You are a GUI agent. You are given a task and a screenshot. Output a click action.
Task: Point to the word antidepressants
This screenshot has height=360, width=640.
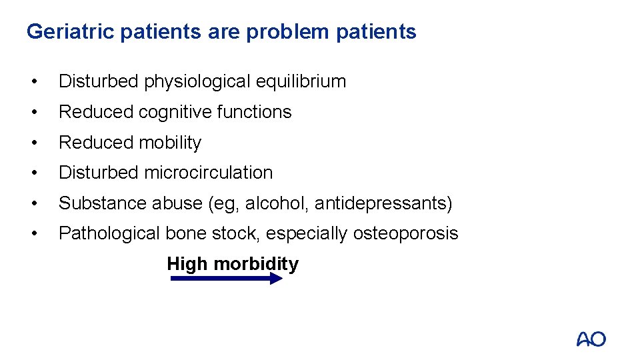(x=380, y=203)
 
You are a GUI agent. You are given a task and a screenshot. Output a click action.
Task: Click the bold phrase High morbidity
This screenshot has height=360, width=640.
(x=233, y=264)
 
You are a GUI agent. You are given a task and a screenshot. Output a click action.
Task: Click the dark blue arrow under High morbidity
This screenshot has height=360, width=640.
(x=227, y=279)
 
